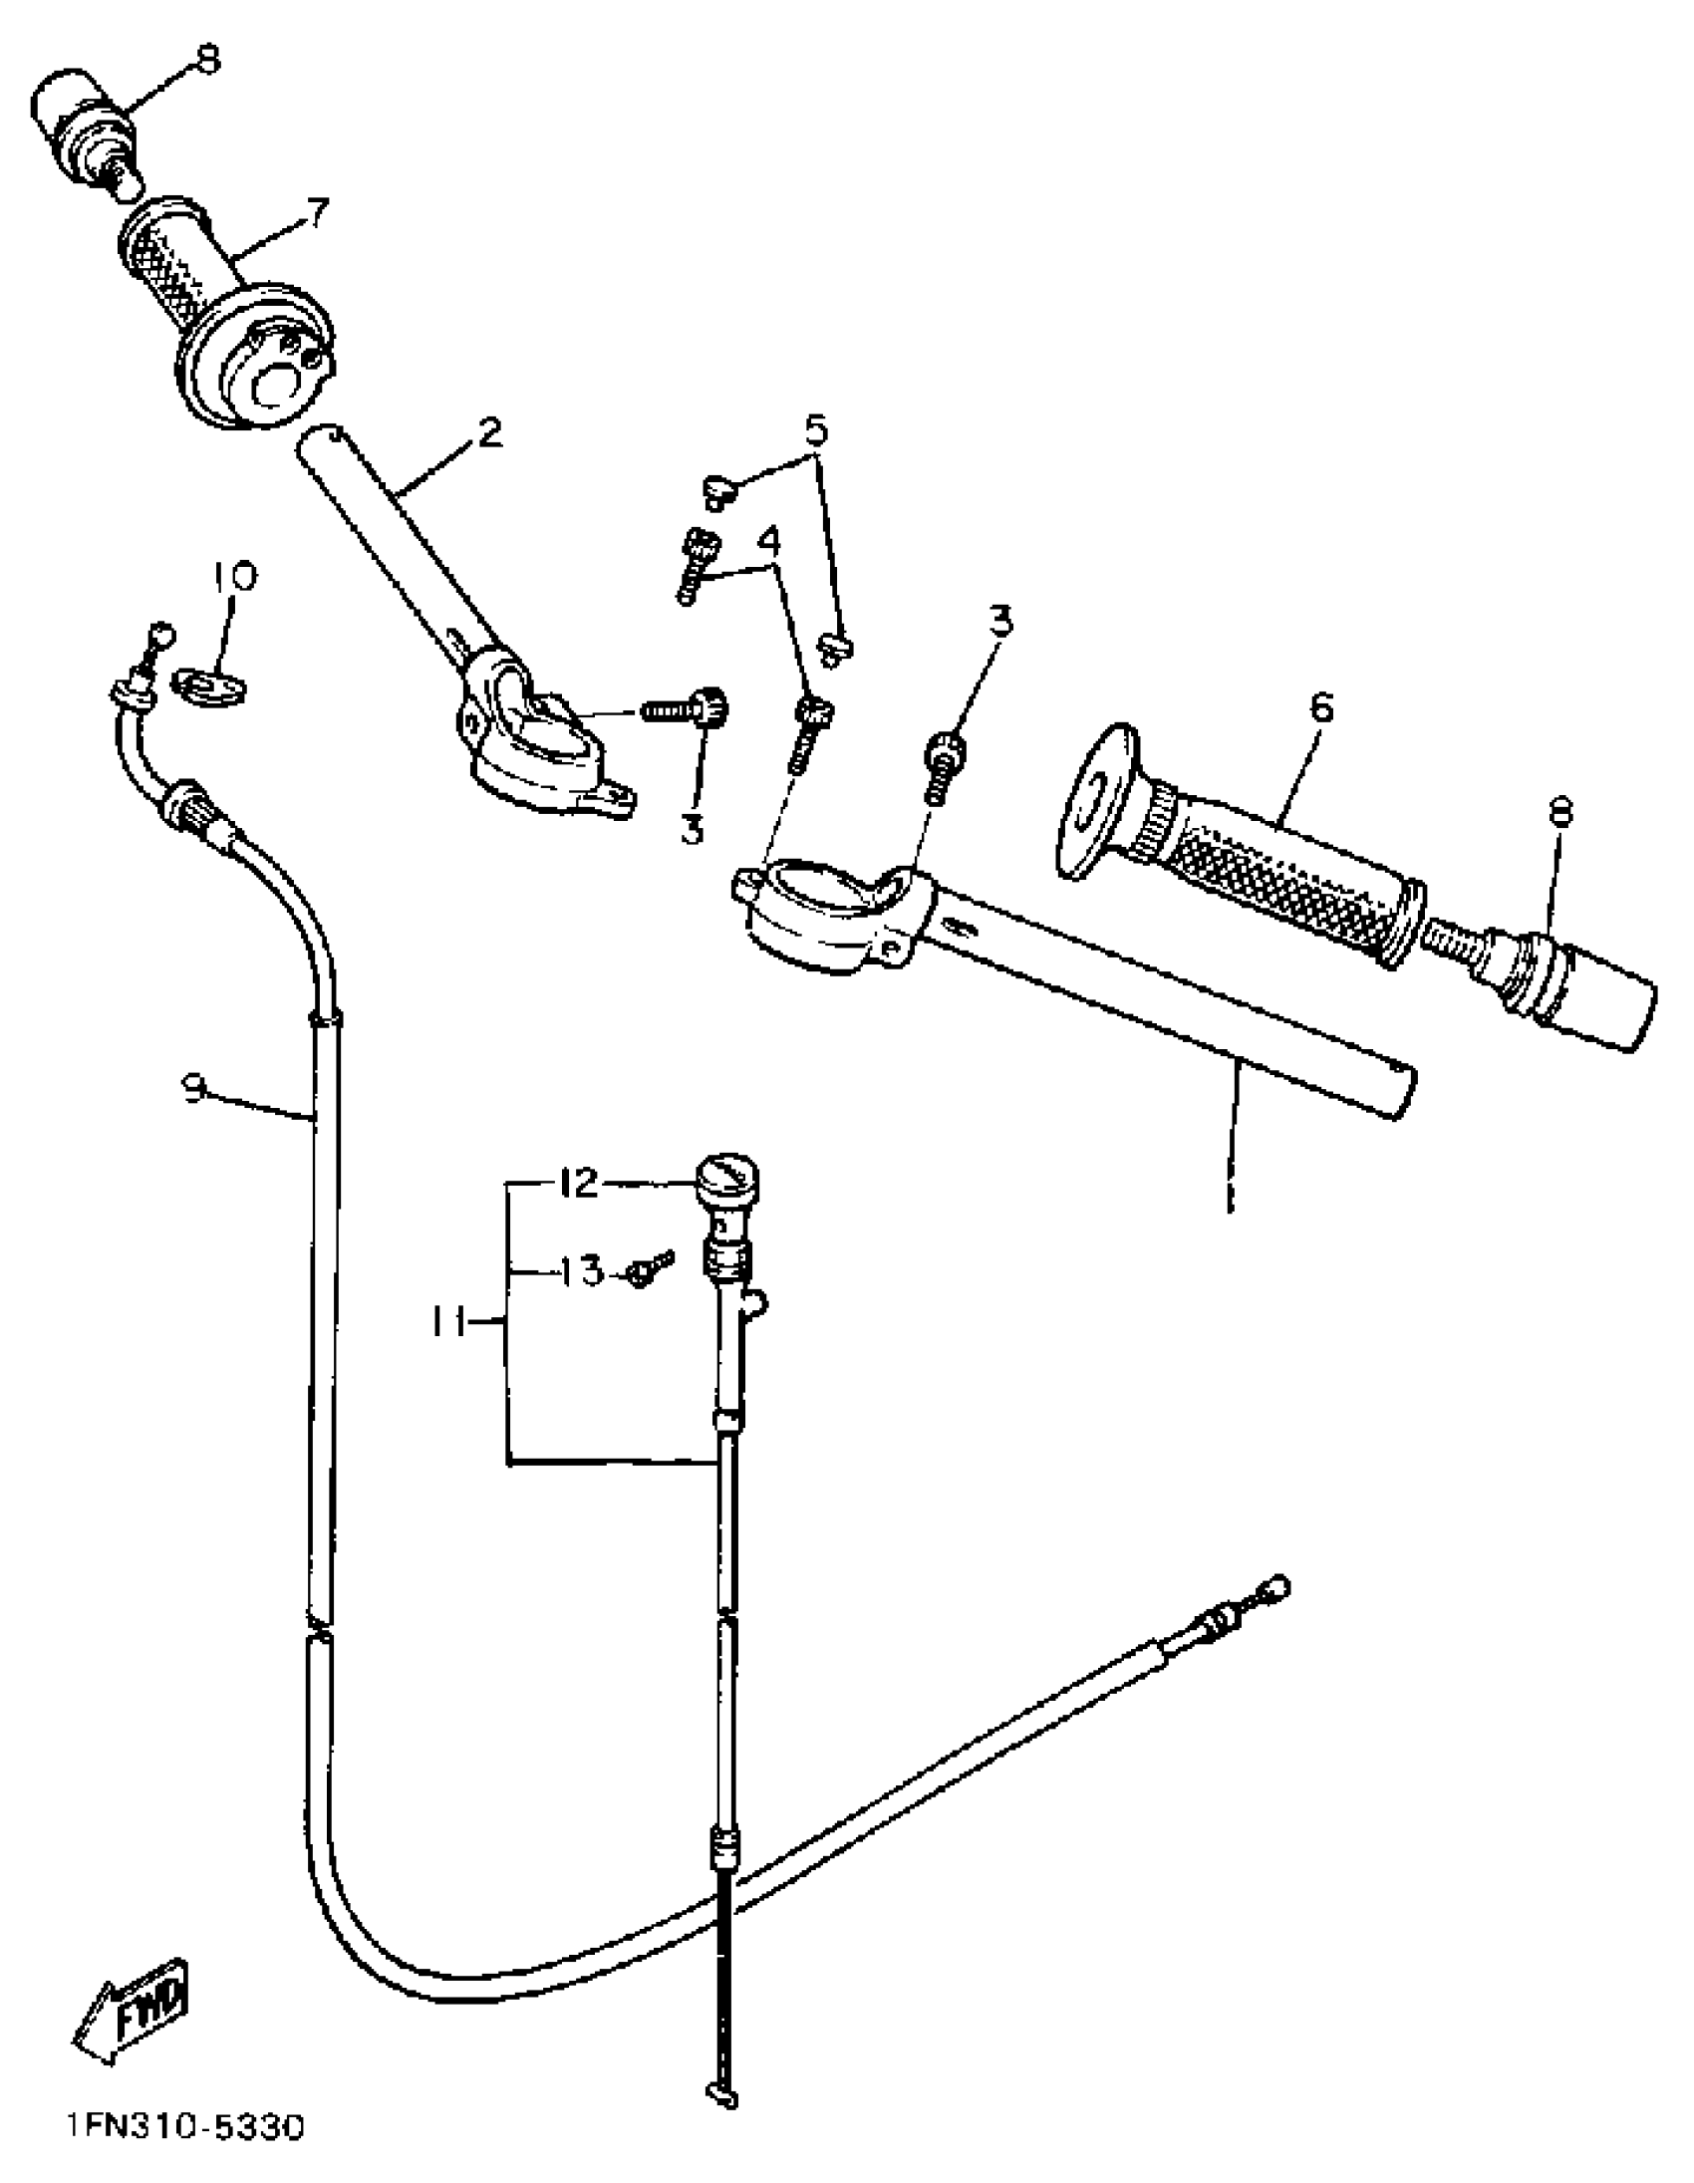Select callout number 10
pos(234,578)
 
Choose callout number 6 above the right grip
pos(1320,707)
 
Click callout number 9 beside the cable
pos(194,1086)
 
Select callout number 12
pos(577,1185)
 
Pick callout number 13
pos(581,1271)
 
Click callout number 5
pos(815,430)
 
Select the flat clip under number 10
pos(209,685)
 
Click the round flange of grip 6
pos(1096,804)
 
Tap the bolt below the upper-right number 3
pos(944,764)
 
